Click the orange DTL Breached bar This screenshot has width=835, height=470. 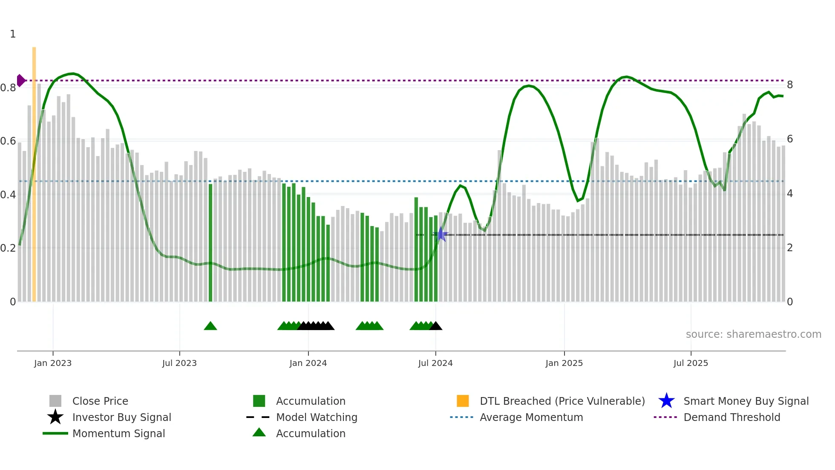click(x=34, y=175)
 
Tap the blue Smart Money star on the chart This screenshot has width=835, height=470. click(x=441, y=234)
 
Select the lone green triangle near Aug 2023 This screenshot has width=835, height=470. click(x=210, y=326)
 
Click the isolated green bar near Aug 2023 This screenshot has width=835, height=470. click(x=210, y=243)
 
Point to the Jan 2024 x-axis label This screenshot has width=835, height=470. click(x=308, y=363)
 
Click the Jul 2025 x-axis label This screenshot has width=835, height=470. click(x=691, y=363)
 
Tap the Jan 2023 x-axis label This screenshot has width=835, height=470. click(x=53, y=363)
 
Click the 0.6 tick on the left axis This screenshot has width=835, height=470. click(x=8, y=141)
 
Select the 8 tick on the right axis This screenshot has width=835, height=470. click(x=790, y=85)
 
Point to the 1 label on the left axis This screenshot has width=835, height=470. click(x=13, y=34)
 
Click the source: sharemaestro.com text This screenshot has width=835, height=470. click(x=753, y=334)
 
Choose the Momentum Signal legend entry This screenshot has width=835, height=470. click(x=118, y=433)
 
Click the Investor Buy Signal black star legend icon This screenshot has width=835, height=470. click(x=55, y=417)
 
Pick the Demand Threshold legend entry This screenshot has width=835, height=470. click(x=731, y=417)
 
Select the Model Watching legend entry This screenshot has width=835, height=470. click(x=317, y=417)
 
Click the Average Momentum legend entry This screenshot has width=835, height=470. click(x=531, y=417)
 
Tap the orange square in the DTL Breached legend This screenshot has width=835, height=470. click(x=463, y=401)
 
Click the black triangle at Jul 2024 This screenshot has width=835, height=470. click(x=436, y=326)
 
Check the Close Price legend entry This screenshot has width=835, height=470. click(x=100, y=401)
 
